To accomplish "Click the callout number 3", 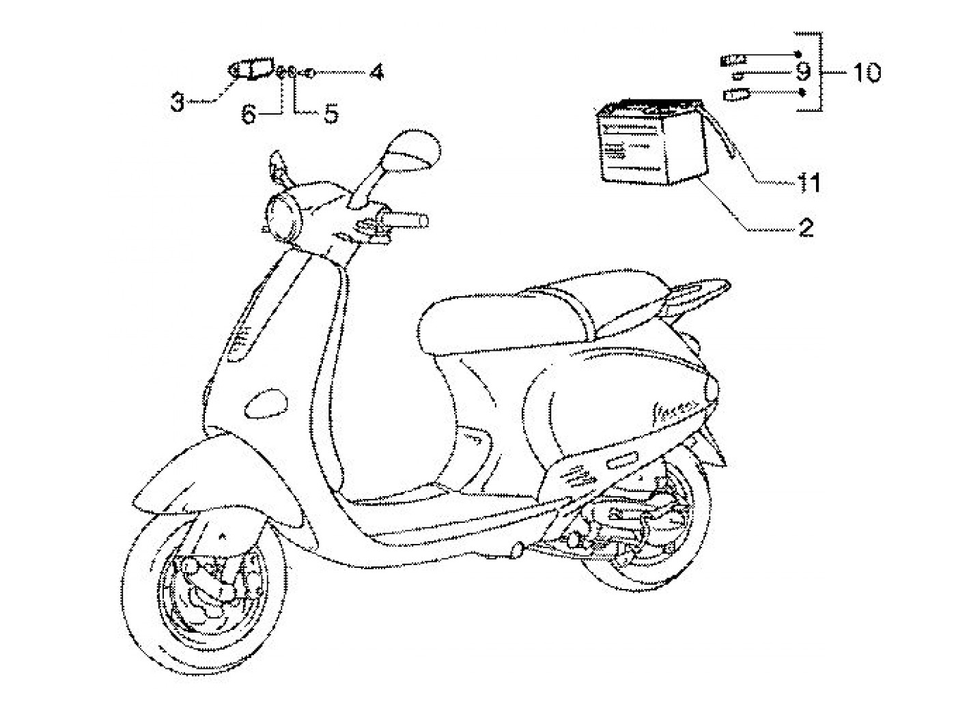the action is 178,104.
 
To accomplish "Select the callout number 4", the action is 376,72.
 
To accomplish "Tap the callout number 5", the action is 331,114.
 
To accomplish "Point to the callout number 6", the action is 249,115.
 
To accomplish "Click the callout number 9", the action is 802,71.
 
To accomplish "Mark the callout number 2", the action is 806,227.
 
